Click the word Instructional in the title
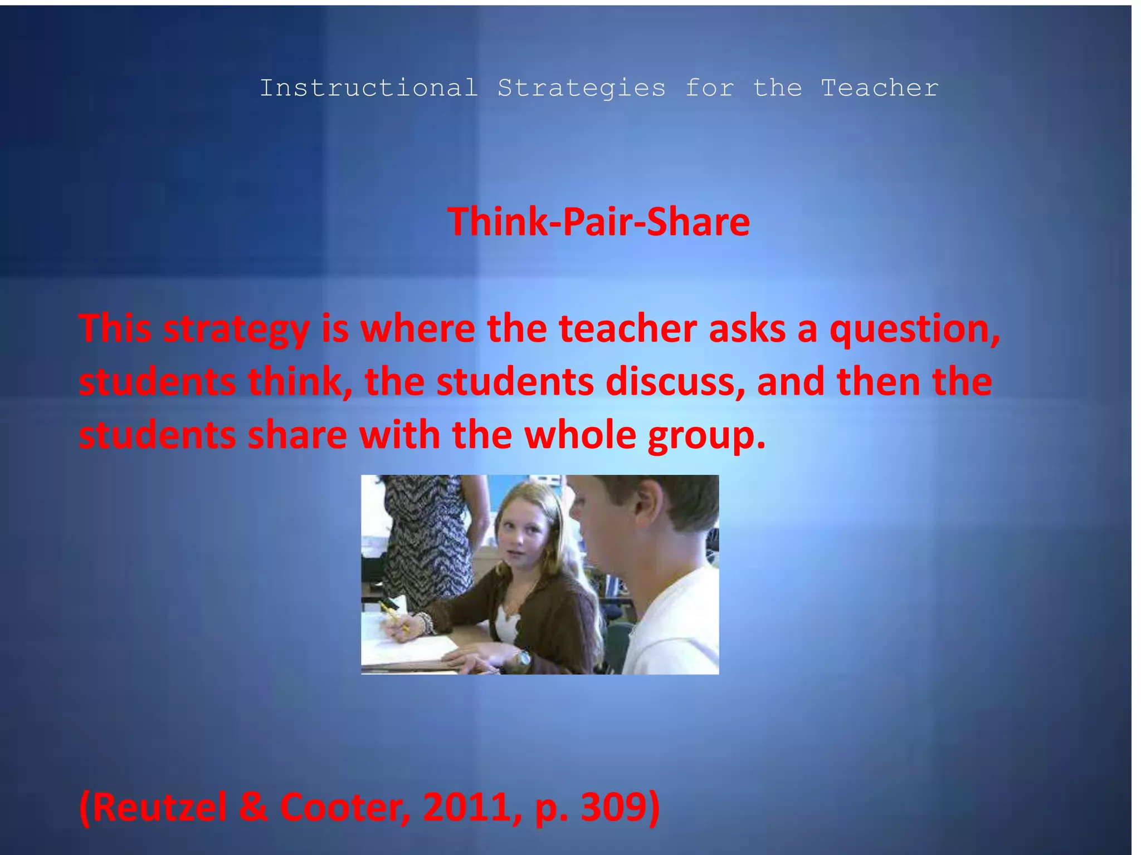click(369, 88)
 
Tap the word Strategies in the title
click(581, 89)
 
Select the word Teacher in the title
click(880, 88)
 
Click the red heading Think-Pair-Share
click(598, 222)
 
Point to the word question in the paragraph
click(914, 330)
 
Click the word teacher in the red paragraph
click(628, 328)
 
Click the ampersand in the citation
click(253, 807)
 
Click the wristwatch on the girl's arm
click(523, 659)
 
